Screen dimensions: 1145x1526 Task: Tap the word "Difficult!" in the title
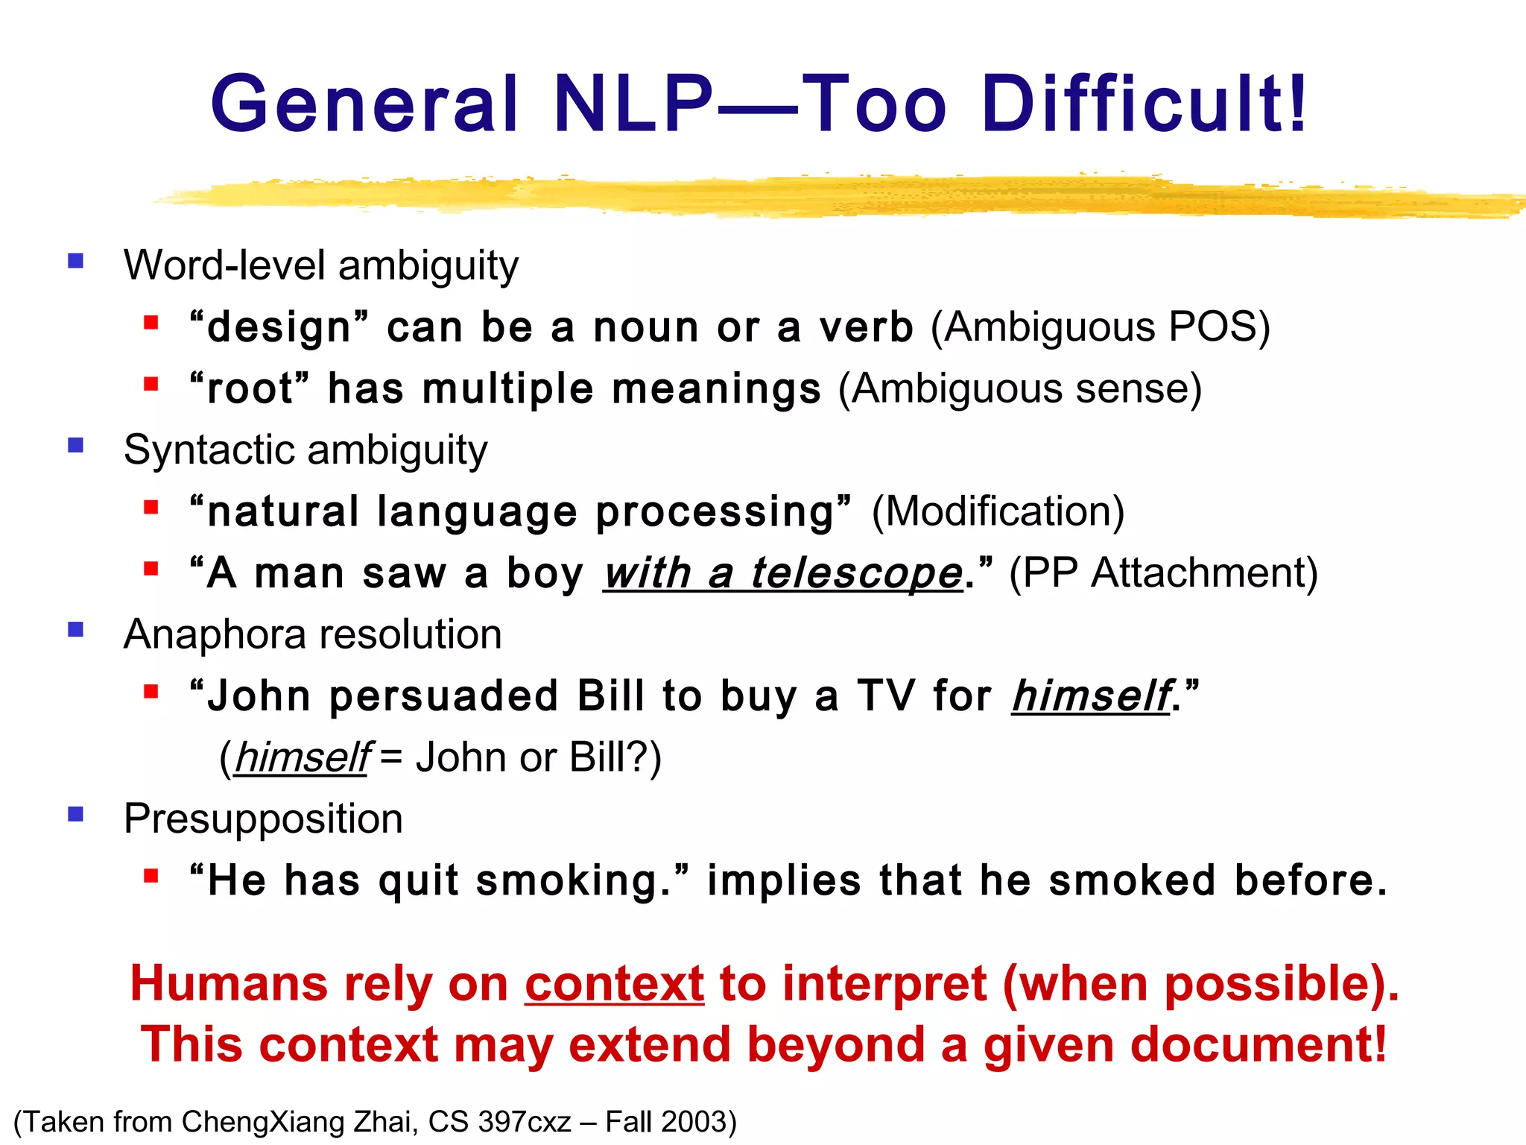[1144, 104]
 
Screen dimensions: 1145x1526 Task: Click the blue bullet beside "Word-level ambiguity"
[75, 261]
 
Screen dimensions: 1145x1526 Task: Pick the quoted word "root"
[250, 389]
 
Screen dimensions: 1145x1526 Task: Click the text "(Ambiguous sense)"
[1020, 389]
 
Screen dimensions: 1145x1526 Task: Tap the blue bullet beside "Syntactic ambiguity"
[75, 446]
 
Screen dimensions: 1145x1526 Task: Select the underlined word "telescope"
[857, 574]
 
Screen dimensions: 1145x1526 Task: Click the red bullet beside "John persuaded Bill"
[151, 692]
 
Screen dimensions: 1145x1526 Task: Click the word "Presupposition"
[263, 819]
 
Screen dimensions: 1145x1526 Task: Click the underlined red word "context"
[614, 984]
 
